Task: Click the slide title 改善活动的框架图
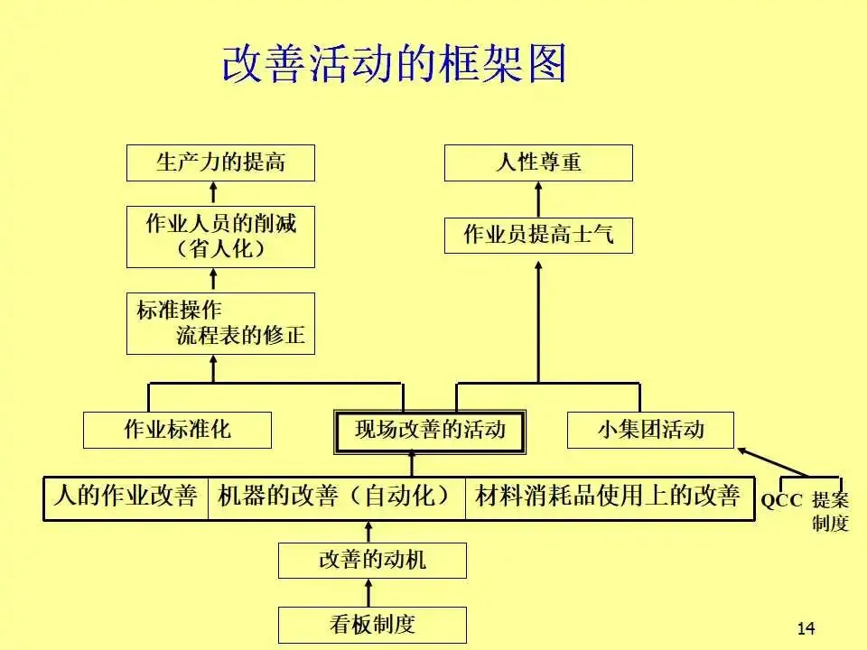(x=394, y=64)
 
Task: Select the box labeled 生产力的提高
(x=221, y=162)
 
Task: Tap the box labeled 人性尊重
(x=538, y=162)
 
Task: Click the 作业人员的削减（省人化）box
(x=221, y=236)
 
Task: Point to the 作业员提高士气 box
(x=538, y=236)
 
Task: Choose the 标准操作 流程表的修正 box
(x=221, y=323)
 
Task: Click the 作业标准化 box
(x=177, y=430)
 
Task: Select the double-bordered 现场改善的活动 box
(x=430, y=430)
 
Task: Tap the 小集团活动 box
(x=650, y=430)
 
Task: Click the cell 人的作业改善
(x=126, y=497)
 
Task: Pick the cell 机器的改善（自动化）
(x=336, y=497)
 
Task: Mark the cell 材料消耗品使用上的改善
(x=608, y=497)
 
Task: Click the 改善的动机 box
(x=372, y=561)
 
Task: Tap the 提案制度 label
(x=830, y=511)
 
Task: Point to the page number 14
(x=806, y=628)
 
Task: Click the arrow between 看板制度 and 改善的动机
(x=368, y=592)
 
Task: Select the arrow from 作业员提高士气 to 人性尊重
(x=538, y=200)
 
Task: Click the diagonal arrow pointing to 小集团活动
(x=772, y=461)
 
